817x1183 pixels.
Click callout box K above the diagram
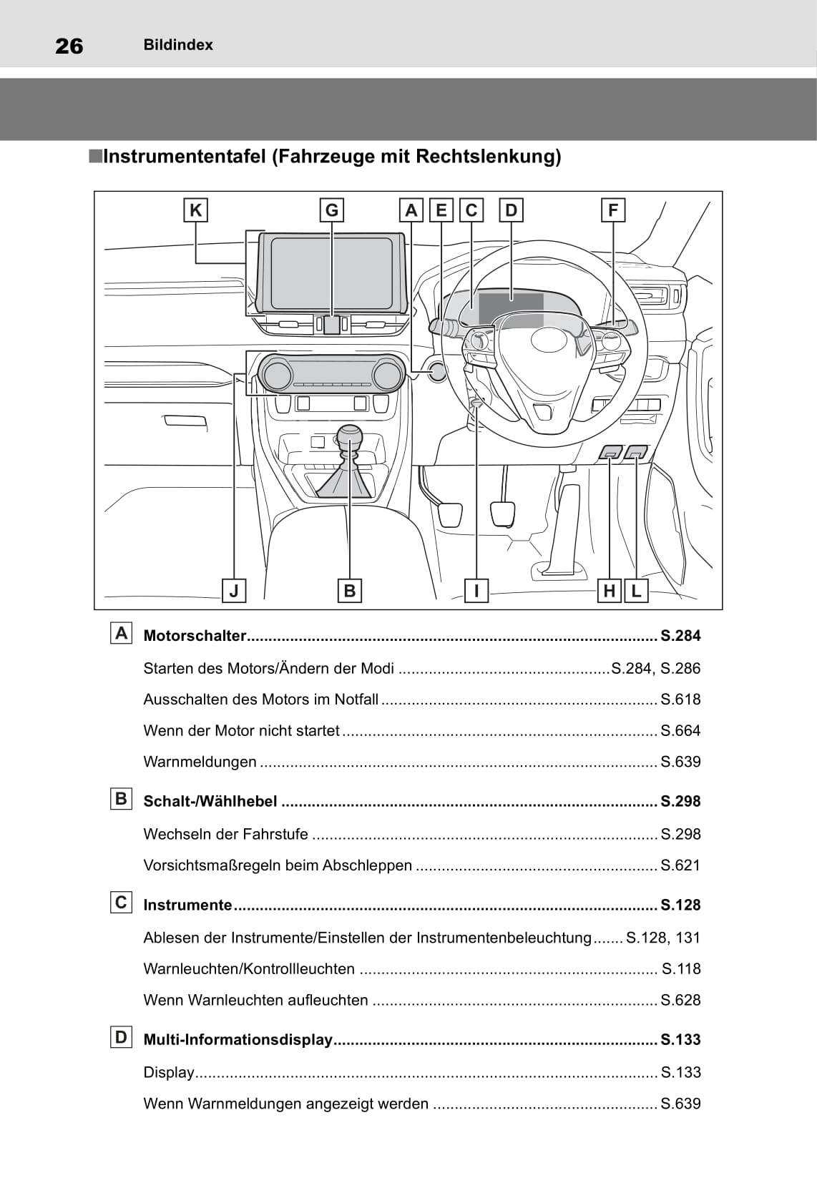pos(195,210)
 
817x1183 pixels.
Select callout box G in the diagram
pos(331,210)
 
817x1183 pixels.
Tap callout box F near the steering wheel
pos(613,210)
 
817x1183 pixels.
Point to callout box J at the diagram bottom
pos(234,591)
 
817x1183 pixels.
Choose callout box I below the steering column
pos(476,591)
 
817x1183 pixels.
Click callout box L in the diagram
pos(636,591)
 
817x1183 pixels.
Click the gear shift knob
pos(350,437)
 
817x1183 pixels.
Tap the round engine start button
pos(436,371)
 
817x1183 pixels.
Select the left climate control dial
pos(275,375)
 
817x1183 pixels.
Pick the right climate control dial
pos(387,375)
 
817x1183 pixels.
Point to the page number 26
pos(69,46)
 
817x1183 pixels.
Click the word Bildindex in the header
pos(178,45)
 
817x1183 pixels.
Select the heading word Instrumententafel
pos(185,157)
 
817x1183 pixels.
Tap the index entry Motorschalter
pos(195,636)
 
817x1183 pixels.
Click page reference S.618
pos(680,700)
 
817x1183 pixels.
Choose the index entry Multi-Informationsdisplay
pos(238,1040)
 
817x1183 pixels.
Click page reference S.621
pos(680,865)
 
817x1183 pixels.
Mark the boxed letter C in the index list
pos(122,903)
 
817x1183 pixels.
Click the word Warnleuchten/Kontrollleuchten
pos(249,969)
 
